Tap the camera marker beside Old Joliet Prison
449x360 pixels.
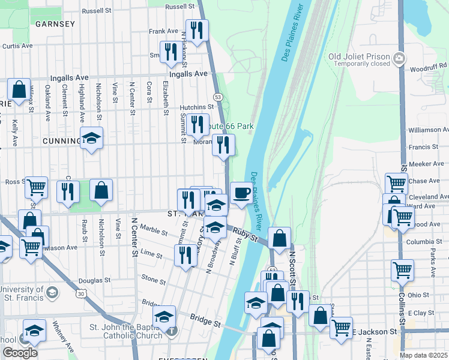click(399, 58)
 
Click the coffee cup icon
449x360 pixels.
click(241, 193)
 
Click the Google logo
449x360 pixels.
click(20, 353)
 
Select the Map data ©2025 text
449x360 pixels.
click(424, 355)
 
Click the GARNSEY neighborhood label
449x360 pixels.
click(55, 25)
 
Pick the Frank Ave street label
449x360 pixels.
click(164, 31)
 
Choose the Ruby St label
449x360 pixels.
click(245, 234)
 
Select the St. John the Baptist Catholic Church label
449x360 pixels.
click(125, 331)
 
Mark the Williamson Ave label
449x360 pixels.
click(428, 130)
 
